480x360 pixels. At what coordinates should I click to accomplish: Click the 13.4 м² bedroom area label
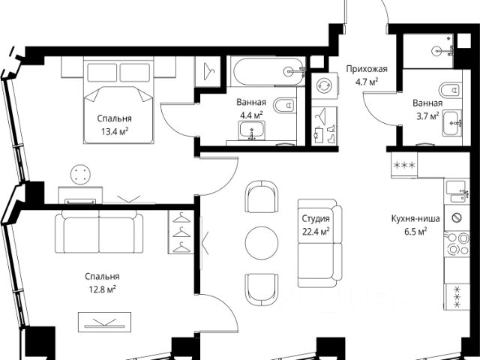coord(115,132)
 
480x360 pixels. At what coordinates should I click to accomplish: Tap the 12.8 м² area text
coord(102,289)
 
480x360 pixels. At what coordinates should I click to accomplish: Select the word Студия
coord(316,219)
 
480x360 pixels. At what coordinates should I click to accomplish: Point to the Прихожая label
coord(367,69)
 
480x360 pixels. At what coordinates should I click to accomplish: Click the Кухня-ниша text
coord(415,218)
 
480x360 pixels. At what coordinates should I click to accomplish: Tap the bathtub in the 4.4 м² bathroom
coord(268,72)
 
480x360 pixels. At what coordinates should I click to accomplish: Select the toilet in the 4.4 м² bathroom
coord(285,106)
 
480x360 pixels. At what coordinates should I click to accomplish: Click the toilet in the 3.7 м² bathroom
coord(450,90)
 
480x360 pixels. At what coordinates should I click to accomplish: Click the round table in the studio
coord(262,243)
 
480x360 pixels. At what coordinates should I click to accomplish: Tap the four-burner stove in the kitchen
coord(457,243)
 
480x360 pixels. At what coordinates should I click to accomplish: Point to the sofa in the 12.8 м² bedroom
coord(99,232)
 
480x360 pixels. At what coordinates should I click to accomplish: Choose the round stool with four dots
coord(80,175)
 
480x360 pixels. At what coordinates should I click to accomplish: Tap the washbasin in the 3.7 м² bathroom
coord(451,124)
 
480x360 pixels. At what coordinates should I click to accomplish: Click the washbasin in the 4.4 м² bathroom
coord(252,130)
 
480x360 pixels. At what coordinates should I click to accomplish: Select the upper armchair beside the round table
coord(262,196)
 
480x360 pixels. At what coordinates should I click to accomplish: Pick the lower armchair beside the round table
coord(262,289)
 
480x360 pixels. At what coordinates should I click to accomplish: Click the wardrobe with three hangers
coord(181,232)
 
